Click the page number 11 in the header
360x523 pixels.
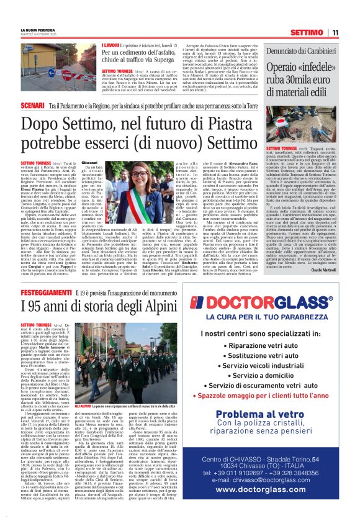click(335, 32)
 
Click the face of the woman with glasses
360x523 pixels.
click(138, 176)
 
